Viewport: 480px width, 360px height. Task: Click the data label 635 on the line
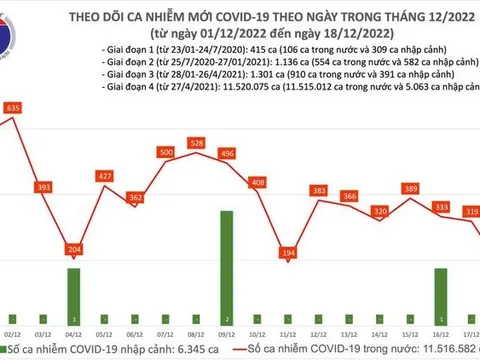tap(13, 107)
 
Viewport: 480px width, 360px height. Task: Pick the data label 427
tap(104, 176)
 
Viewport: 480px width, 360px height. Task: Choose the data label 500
tap(167, 152)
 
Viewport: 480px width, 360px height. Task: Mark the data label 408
tap(258, 182)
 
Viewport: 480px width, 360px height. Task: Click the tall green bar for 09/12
tap(228, 259)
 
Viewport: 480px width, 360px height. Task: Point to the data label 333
tap(436, 207)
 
